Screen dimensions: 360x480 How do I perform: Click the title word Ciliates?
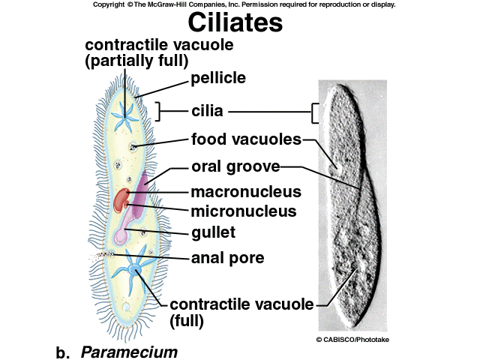tap(235, 22)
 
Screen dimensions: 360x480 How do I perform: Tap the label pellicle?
tap(218, 77)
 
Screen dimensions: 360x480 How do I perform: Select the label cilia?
tap(207, 112)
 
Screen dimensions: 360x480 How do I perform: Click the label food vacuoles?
tap(246, 139)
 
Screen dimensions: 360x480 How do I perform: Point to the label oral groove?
tap(235, 166)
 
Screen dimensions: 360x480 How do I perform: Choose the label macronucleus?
tap(246, 192)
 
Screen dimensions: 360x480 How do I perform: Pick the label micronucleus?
tap(244, 211)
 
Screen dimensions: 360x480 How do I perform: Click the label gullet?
tap(213, 232)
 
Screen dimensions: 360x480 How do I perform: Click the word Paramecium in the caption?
tap(129, 351)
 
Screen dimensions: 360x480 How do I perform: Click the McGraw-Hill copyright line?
tap(244, 4)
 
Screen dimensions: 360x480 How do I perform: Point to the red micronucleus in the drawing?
tap(121, 199)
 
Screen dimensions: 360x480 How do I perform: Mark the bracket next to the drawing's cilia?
tap(160, 112)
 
